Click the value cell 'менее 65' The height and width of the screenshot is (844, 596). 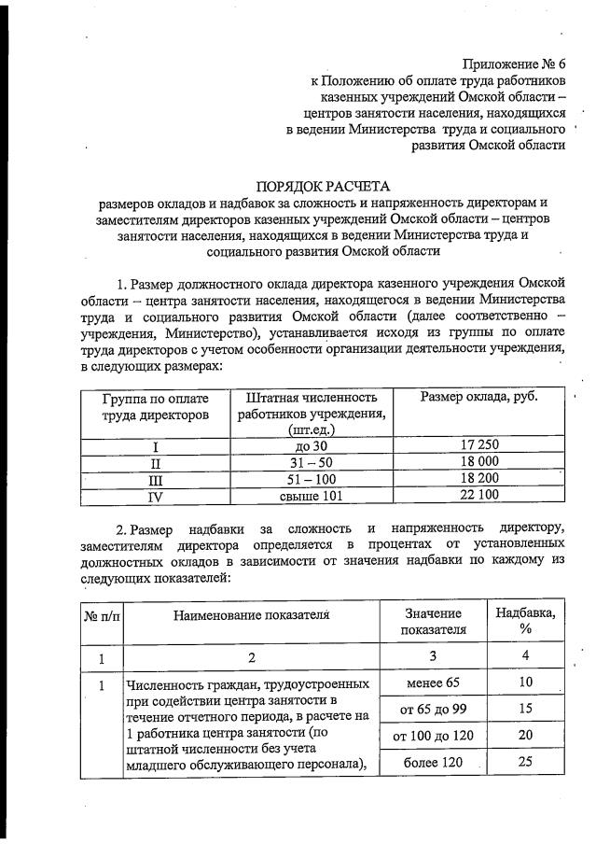[433, 682]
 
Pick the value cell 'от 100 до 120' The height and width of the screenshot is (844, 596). [433, 735]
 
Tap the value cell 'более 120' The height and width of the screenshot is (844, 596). [433, 762]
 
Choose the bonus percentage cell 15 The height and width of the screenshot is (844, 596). [525, 709]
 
